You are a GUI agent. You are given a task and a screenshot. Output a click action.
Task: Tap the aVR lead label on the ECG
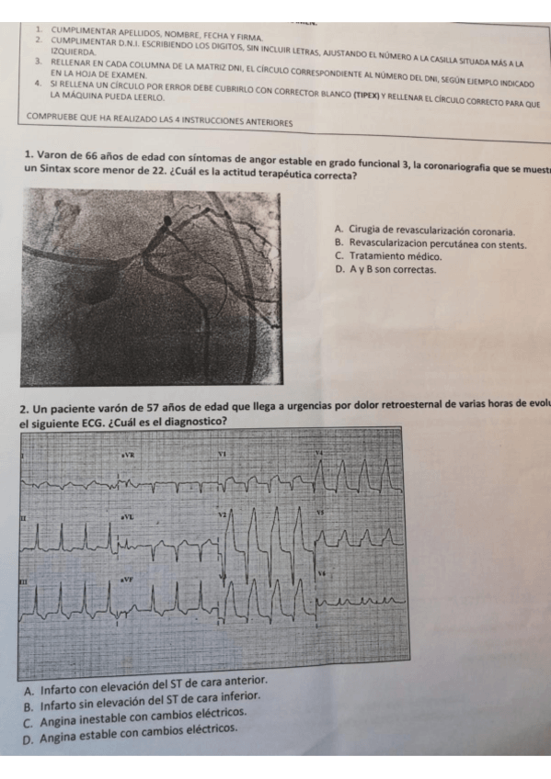(x=128, y=455)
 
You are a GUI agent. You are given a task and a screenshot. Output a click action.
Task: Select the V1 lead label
(x=222, y=454)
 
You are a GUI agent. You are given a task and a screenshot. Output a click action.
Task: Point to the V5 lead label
(x=321, y=512)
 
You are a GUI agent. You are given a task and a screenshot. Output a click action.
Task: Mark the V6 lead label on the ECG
(x=321, y=571)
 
